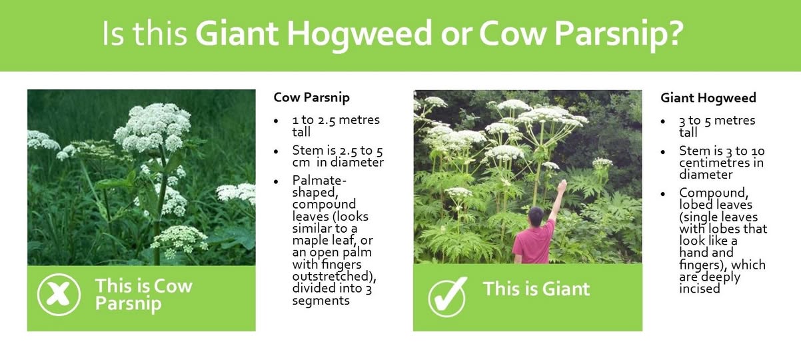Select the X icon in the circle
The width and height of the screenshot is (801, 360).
tap(59, 295)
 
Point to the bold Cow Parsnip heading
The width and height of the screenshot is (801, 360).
tap(311, 98)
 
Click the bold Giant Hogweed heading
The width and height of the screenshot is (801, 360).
tap(708, 98)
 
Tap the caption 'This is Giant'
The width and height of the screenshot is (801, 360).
tap(536, 289)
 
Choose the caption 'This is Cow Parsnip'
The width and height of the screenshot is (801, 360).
tap(144, 295)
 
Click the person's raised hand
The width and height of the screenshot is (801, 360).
tap(562, 186)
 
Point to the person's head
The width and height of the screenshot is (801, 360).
tap(536, 215)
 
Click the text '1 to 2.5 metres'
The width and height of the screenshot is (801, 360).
tap(336, 119)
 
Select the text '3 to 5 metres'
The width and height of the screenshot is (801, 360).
tap(717, 120)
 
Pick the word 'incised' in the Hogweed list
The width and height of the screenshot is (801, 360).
tap(700, 289)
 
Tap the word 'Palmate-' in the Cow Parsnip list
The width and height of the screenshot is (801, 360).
tap(319, 180)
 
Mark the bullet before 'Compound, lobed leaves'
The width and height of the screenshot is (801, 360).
tap(662, 194)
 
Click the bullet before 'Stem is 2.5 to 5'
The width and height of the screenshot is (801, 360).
tap(276, 151)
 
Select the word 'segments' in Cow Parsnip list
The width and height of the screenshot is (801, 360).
tap(321, 301)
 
